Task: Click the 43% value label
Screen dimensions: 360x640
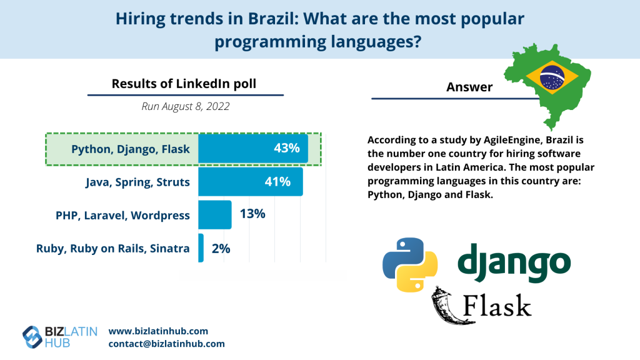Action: (x=287, y=149)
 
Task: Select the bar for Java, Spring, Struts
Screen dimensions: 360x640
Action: (x=250, y=182)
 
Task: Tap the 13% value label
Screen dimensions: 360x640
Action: (x=252, y=214)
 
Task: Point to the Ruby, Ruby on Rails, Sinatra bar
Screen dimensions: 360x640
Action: (x=201, y=248)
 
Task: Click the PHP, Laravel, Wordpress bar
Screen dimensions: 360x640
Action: (x=214, y=215)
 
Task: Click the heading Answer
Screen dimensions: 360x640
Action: (x=469, y=87)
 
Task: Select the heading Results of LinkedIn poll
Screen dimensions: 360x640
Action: (x=184, y=83)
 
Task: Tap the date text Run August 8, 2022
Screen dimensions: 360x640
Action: (x=185, y=106)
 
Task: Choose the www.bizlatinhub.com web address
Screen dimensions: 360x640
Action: (x=158, y=331)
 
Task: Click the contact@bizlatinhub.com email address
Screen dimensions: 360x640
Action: (x=166, y=344)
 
